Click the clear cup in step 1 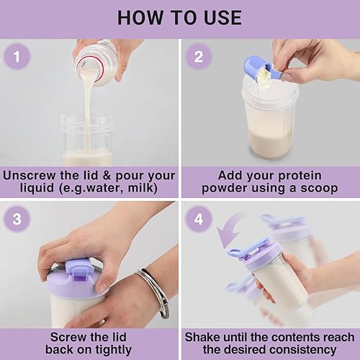click(x=86, y=140)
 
